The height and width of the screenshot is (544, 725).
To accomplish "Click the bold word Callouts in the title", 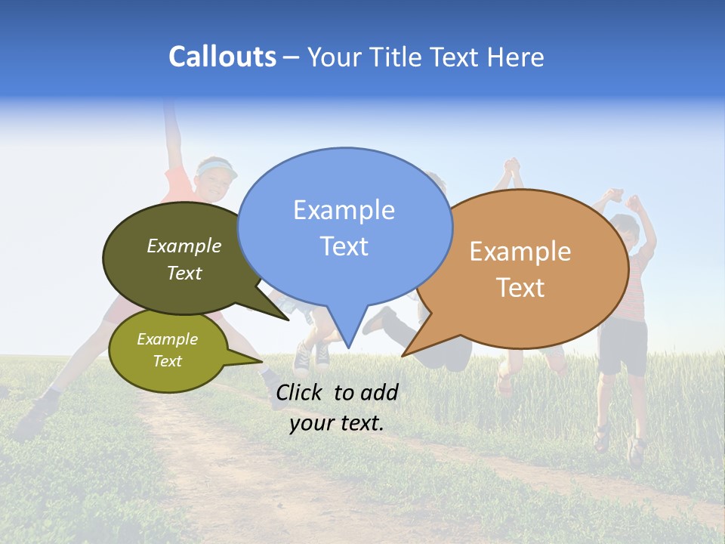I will coord(222,57).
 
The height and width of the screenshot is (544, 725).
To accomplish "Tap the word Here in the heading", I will coord(515,57).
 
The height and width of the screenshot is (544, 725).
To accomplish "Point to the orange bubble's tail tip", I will coord(404,354).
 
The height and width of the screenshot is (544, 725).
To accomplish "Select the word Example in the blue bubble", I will coord(344,210).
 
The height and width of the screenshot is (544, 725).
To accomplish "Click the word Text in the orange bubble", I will coord(520,288).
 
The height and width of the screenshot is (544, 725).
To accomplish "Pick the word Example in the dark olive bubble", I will coord(184,246).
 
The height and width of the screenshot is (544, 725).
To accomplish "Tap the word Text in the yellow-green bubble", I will coord(168,361).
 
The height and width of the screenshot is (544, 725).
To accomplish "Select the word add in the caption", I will coord(380,392).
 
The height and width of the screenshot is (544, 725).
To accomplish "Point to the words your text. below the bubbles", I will coord(337,423).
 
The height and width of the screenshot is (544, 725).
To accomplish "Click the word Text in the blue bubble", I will coord(344,246).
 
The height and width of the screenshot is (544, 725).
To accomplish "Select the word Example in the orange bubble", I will coord(520,252).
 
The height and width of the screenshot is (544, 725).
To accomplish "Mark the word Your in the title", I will coord(335,57).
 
